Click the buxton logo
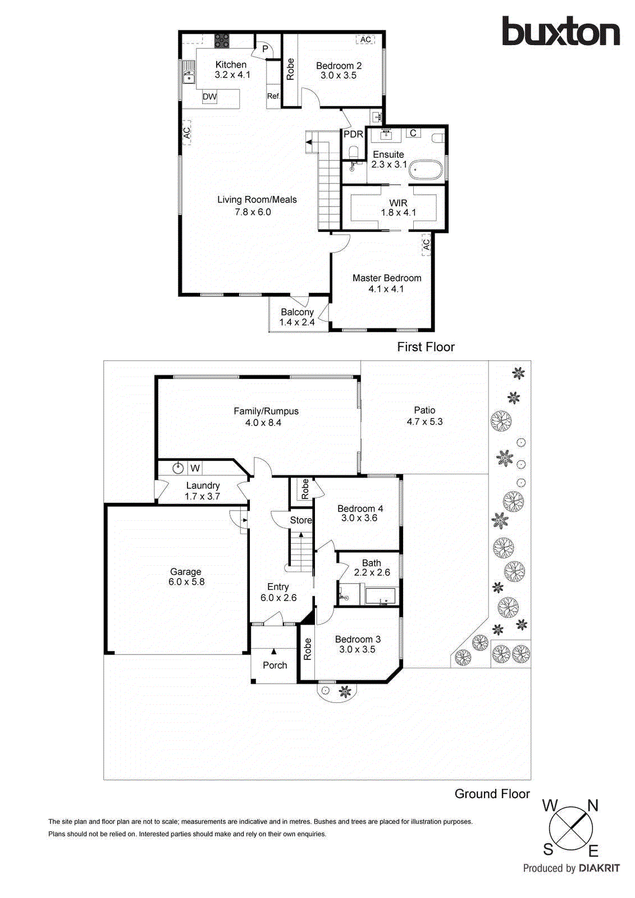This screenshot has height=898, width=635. click(560, 31)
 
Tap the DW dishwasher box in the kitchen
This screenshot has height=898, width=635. click(209, 97)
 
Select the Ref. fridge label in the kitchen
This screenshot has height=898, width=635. click(273, 96)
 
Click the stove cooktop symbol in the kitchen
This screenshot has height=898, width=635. click(222, 40)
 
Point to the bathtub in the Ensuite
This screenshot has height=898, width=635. click(426, 170)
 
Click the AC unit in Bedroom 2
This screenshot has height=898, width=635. click(366, 39)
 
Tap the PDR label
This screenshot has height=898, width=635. click(353, 134)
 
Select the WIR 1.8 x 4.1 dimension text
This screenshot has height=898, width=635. click(398, 213)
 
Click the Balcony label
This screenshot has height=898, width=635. click(297, 312)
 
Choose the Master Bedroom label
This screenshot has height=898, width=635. click(386, 278)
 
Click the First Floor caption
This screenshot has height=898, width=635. click(426, 347)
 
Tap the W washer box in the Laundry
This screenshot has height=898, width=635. click(195, 468)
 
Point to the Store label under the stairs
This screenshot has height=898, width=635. click(300, 520)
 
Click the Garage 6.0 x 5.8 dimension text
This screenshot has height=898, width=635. click(186, 582)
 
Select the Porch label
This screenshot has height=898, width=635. click(275, 665)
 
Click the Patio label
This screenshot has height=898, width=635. click(424, 410)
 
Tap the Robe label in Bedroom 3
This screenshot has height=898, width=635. click(307, 649)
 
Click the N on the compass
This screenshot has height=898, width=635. click(592, 806)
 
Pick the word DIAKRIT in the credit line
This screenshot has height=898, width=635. click(599, 868)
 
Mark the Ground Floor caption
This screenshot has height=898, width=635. click(492, 794)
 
